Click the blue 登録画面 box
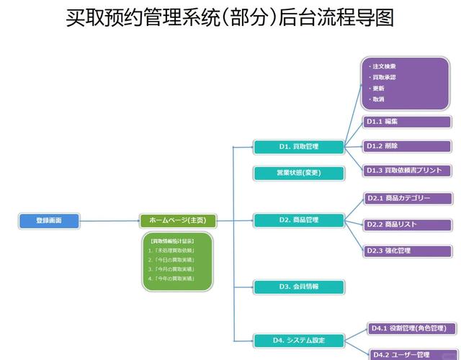[48, 220]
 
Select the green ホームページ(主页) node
[177, 220]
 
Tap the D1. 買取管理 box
[298, 147]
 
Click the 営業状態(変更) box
[298, 173]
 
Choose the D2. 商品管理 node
[298, 220]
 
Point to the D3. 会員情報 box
[298, 287]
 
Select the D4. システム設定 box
[298, 340]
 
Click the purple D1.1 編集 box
[407, 122]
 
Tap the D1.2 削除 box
[407, 146]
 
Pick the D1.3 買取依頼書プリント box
[407, 171]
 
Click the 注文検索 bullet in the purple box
[385, 66]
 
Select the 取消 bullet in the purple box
[378, 99]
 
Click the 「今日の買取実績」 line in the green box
[173, 259]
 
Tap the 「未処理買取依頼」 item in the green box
[173, 250]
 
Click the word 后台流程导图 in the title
[339, 17]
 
